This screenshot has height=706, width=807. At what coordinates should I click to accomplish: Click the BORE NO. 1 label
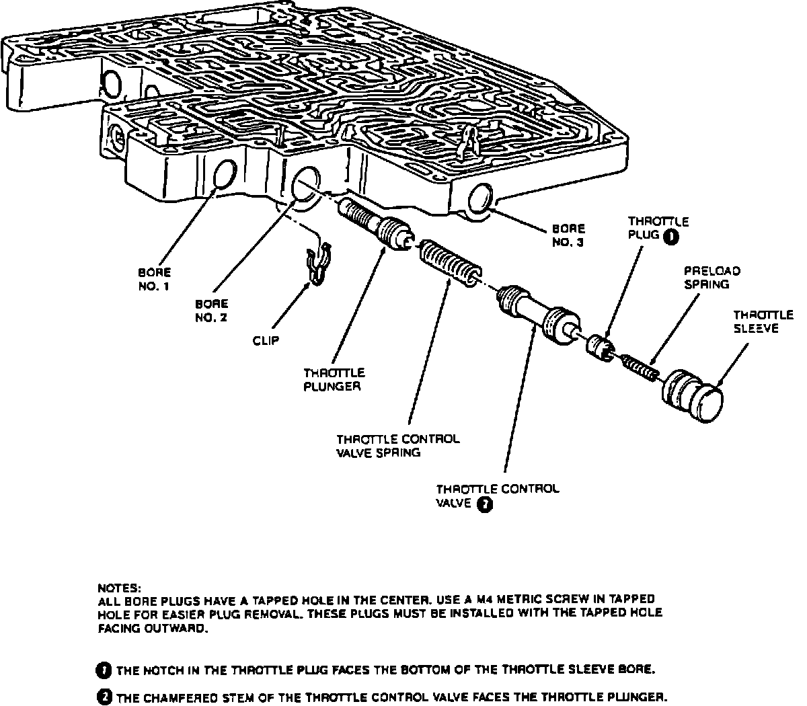pyautogui.click(x=154, y=279)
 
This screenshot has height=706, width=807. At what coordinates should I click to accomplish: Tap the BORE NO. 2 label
pyautogui.click(x=211, y=310)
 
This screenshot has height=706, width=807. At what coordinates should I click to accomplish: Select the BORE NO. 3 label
pyautogui.click(x=568, y=235)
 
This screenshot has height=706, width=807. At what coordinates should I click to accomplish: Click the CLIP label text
pyautogui.click(x=266, y=341)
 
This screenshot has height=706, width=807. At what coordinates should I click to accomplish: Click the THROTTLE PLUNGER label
pyautogui.click(x=334, y=379)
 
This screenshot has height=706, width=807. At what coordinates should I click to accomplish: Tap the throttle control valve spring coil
pyautogui.click(x=450, y=265)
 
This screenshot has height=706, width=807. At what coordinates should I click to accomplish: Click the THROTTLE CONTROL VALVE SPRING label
pyautogui.click(x=398, y=446)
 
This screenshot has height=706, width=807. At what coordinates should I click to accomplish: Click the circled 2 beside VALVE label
pyautogui.click(x=484, y=505)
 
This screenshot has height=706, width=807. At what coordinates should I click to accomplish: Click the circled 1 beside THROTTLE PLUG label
pyautogui.click(x=670, y=236)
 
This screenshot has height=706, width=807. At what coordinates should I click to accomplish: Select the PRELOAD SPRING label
pyautogui.click(x=712, y=277)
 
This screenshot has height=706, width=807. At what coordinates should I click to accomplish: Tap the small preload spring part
pyautogui.click(x=640, y=366)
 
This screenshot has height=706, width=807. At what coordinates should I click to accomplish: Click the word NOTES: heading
pyautogui.click(x=120, y=586)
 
